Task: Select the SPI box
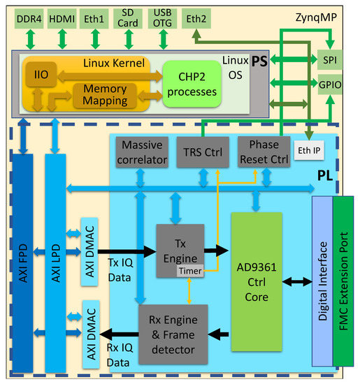329,61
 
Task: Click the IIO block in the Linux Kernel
36,74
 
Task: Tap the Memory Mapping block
105,95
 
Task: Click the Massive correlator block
143,153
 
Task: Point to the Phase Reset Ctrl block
259,153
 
